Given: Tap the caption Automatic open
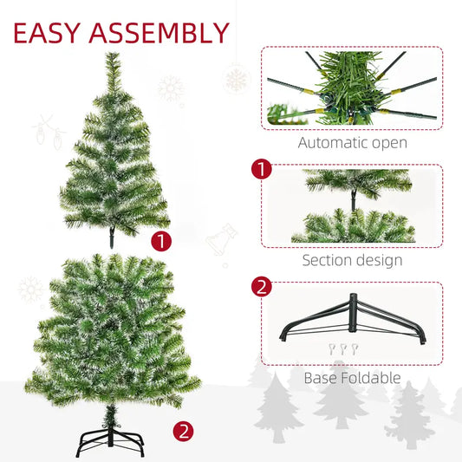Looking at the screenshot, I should pos(352,143).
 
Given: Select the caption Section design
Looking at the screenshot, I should pos(352,259).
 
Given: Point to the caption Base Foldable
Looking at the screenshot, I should pos(352,378).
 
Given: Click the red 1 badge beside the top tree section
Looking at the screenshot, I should pos(160,241).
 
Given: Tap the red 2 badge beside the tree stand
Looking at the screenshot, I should pos(182,428).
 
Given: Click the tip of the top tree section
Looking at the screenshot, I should pos(113,57).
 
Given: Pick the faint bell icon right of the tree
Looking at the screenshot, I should pos(224,238).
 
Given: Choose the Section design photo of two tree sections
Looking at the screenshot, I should pos(352,206).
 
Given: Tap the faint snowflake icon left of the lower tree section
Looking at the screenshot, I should pos(31,290).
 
